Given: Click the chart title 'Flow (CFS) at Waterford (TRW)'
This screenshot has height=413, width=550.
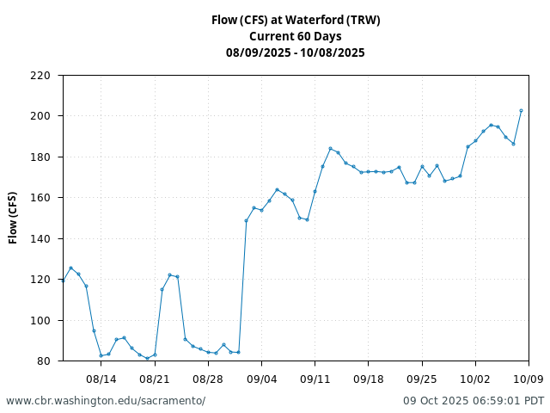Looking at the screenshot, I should [x=296, y=20].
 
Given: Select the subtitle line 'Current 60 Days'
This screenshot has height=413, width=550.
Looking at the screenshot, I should [x=296, y=36].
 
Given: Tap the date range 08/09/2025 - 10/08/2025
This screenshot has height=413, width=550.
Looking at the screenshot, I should [x=296, y=52].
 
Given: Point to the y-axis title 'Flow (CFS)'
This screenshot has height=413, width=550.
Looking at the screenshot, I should [x=13, y=218].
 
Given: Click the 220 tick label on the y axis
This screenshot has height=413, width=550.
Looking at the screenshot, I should [x=40, y=76].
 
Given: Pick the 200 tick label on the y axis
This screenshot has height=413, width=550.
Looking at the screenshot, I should [x=40, y=116].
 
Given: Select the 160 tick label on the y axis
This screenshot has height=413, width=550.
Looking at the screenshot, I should [x=40, y=198].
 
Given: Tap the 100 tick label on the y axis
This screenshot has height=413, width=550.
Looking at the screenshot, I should [x=40, y=321].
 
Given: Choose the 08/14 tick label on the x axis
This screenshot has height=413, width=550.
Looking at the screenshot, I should [x=101, y=379].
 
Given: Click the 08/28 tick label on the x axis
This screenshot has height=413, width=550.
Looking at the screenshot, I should [x=208, y=379].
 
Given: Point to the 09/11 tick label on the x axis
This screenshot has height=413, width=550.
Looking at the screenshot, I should [x=315, y=379].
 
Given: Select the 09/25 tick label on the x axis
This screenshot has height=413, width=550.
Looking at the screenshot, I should [x=422, y=379].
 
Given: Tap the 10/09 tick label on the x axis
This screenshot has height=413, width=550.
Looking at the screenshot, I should [x=529, y=379].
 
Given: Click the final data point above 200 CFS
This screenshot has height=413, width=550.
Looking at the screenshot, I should [x=521, y=111].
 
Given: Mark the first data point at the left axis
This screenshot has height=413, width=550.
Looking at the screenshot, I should [x=64, y=280].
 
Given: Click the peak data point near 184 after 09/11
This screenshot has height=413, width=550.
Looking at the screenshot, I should [x=330, y=149].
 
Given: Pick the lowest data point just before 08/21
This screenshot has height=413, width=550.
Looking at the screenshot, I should [x=147, y=358].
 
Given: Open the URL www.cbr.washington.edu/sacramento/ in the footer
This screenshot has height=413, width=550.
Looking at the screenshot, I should [x=106, y=401].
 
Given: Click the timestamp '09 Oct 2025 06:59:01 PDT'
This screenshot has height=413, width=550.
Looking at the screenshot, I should [x=474, y=401].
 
